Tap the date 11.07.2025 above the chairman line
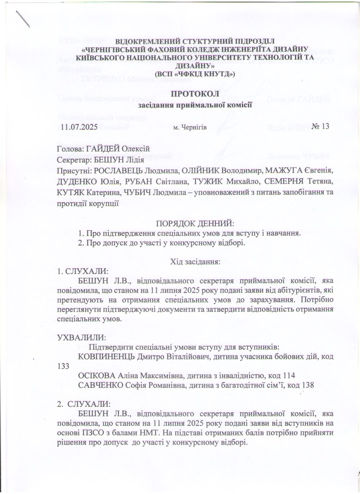point(79,127)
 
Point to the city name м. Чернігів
point(190,127)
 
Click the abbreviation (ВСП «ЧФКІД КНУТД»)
point(195,74)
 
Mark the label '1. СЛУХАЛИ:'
point(82,272)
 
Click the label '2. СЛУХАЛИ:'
point(82,404)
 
